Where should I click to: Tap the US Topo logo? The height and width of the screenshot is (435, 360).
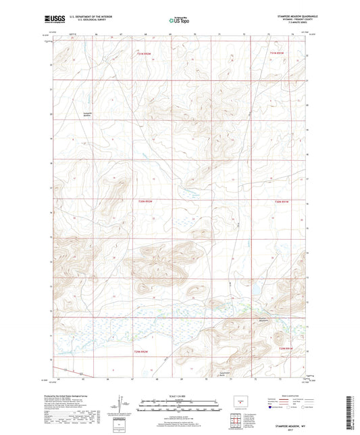tap(178, 22)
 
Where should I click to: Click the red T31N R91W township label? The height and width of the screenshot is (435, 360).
tap(278, 52)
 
